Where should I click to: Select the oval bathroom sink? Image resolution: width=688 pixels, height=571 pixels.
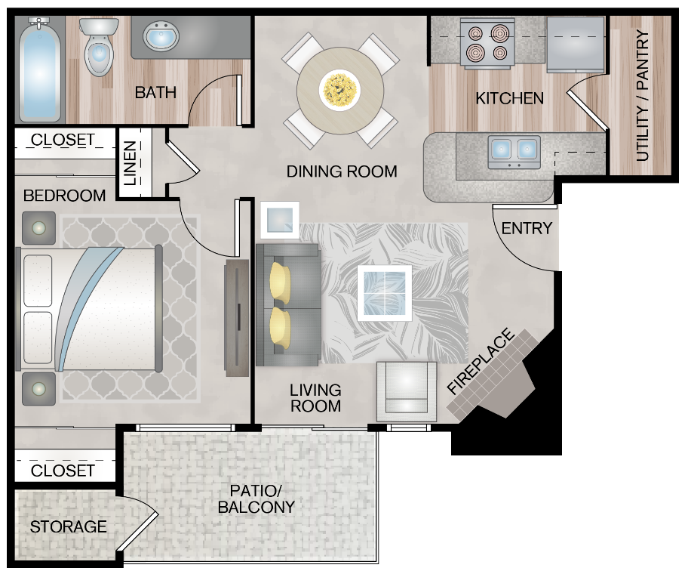point(161,35)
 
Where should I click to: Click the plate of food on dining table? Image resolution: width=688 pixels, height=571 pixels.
point(339,89)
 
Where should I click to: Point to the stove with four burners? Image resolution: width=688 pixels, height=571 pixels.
point(488,43)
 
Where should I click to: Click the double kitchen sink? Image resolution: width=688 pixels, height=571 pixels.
point(514,152)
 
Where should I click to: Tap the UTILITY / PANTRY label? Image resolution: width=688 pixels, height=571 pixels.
point(643,96)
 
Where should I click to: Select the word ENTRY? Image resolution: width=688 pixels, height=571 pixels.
point(527,228)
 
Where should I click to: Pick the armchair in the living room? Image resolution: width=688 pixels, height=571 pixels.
point(407,391)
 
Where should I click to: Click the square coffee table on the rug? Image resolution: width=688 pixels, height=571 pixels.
point(385,292)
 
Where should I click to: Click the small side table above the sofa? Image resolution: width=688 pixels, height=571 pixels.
point(279,220)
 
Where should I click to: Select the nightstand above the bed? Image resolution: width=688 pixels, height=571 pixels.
point(38,227)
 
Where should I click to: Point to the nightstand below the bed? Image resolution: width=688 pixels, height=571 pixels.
point(38,388)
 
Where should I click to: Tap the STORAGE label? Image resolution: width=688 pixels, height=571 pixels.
point(69,526)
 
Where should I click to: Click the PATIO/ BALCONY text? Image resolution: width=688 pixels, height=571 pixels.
point(256,498)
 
